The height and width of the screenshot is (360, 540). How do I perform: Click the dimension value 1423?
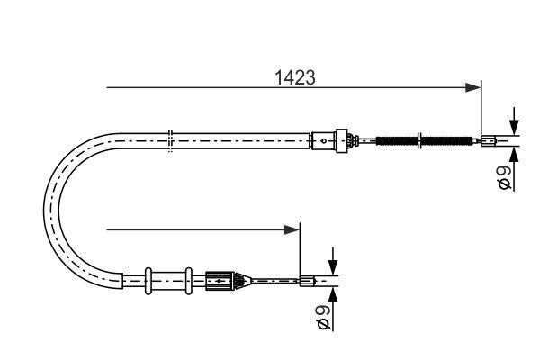(294, 77)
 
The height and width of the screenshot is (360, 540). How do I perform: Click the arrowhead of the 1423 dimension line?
(472, 87)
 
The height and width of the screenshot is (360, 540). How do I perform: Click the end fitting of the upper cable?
(488, 139)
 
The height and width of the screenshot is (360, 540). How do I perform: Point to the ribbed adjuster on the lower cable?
(220, 280)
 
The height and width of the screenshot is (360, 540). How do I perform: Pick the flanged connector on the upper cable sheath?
(339, 139)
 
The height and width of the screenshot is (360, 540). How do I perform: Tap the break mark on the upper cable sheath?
(170, 139)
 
